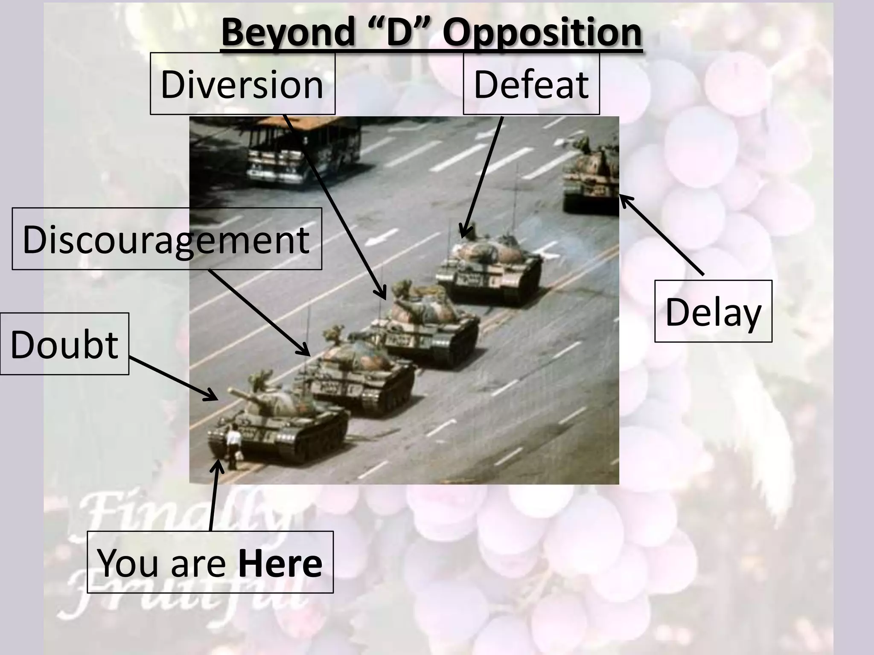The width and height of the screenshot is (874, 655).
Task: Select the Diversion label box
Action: [x=242, y=84]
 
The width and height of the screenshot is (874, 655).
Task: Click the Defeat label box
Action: [x=531, y=84]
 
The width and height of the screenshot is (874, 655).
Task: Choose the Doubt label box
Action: [x=64, y=344]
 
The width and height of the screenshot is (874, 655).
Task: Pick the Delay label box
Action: [x=713, y=311]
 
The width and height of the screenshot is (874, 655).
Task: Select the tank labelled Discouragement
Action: [x=363, y=375]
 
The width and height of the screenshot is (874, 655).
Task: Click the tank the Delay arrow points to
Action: [x=591, y=175]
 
